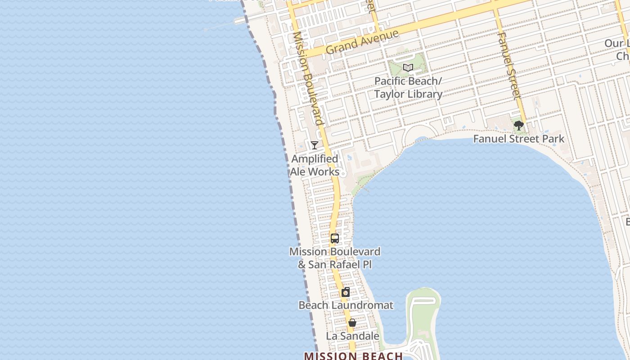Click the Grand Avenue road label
362,41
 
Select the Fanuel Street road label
509,66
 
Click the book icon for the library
408,68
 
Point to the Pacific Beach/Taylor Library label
409,88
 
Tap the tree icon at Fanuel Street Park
519,126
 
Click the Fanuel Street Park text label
518,139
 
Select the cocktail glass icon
315,145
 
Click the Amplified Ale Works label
315,165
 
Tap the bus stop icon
335,238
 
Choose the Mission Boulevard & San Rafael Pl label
335,258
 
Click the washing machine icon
346,292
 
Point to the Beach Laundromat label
346,305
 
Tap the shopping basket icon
352,323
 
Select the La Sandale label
352,336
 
